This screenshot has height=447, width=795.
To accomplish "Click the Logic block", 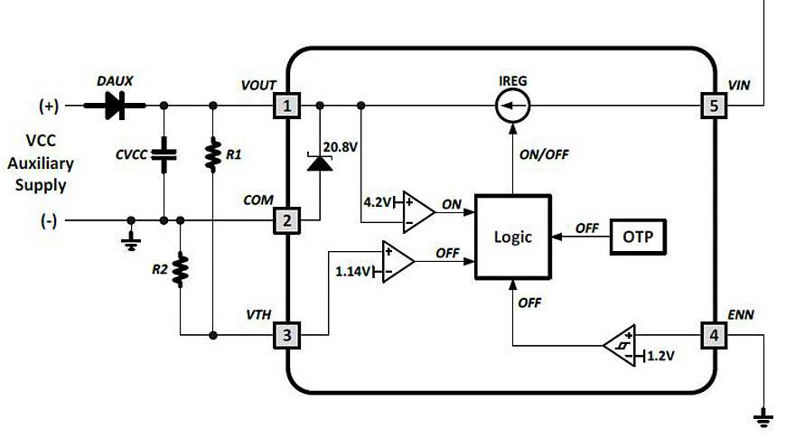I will tap(512, 237).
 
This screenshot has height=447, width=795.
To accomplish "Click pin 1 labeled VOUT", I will tap(287, 107).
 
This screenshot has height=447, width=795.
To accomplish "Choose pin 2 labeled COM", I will tap(287, 220).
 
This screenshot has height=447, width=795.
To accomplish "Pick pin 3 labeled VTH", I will tap(287, 336).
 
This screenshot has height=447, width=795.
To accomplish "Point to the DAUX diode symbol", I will tap(115, 107).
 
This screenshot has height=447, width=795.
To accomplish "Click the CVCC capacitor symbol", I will tap(164, 154).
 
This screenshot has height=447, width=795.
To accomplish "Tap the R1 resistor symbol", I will tap(212, 154).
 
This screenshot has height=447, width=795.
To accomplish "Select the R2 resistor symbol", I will tap(181, 269).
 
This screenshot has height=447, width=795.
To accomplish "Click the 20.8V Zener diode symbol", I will tap(319, 163).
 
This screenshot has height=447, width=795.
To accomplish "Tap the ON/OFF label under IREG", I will tap(545, 154).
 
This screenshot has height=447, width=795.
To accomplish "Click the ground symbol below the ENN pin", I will tap(765, 416).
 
